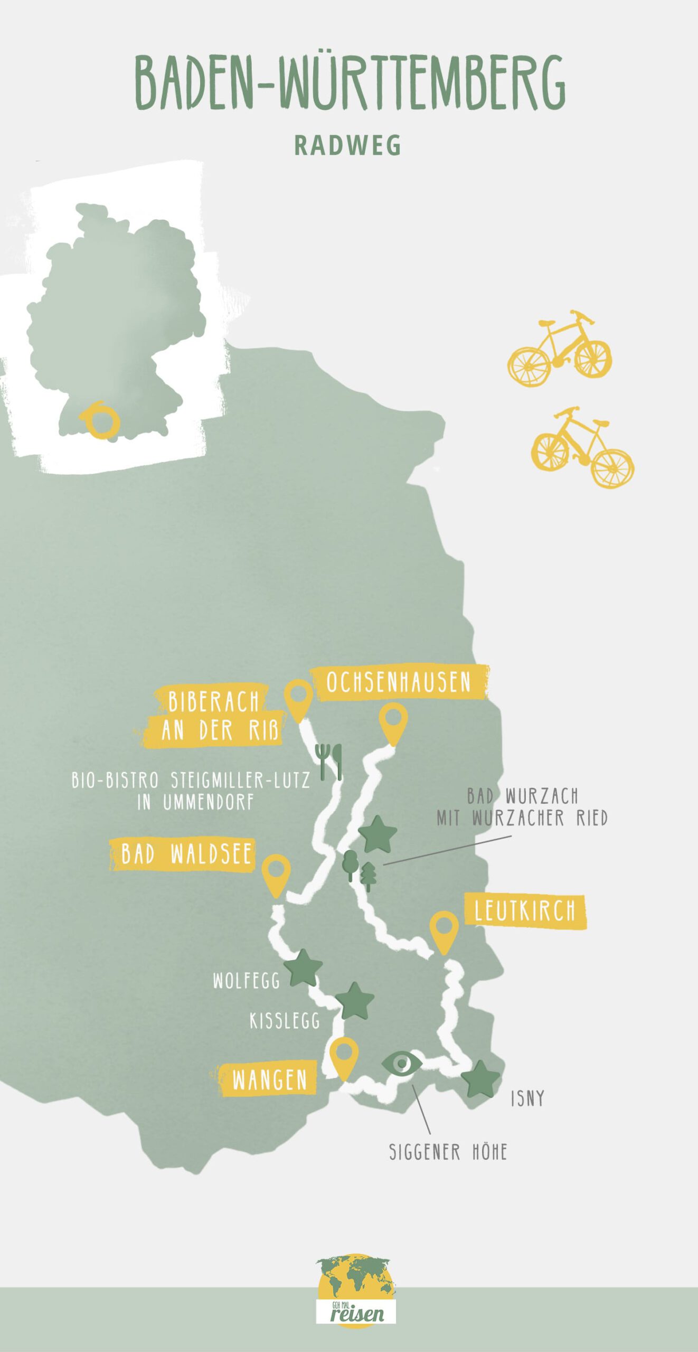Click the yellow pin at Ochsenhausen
[x=393, y=721]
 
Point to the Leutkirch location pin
[x=444, y=930]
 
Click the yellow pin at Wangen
[x=344, y=1056]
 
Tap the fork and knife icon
[x=329, y=761]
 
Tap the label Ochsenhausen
[x=399, y=682]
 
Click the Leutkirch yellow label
[x=525, y=911]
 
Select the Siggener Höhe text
[x=448, y=1152]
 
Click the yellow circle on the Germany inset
[x=101, y=421]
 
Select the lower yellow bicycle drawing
[x=582, y=448]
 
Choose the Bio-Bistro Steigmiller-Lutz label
[x=191, y=791]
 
